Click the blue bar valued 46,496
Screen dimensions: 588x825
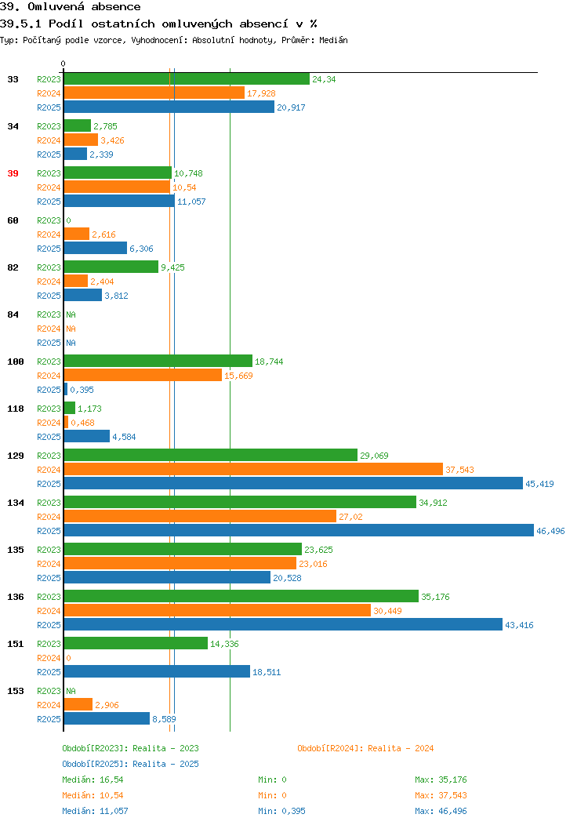(x=299, y=530)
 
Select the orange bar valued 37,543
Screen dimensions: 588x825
(x=253, y=469)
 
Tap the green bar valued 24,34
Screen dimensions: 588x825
(x=187, y=79)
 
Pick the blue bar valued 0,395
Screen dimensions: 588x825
(x=66, y=389)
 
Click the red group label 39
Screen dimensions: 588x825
(x=13, y=173)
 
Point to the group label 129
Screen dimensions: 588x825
(x=15, y=456)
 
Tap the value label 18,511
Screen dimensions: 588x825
(x=267, y=672)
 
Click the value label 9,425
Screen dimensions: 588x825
(x=172, y=267)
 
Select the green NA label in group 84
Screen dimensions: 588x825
(x=71, y=314)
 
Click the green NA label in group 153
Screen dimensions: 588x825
(x=71, y=691)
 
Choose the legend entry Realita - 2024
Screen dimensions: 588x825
(x=365, y=748)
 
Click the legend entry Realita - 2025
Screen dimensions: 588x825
(x=130, y=764)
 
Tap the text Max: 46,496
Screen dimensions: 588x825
(x=441, y=812)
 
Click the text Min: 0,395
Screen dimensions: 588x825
(x=281, y=812)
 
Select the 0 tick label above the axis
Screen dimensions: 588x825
(x=64, y=64)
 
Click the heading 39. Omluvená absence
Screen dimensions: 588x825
(x=71, y=7)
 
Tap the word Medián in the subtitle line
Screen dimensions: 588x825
(x=333, y=40)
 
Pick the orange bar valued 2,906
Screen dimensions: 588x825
(x=78, y=704)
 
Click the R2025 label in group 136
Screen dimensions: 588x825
(x=49, y=625)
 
